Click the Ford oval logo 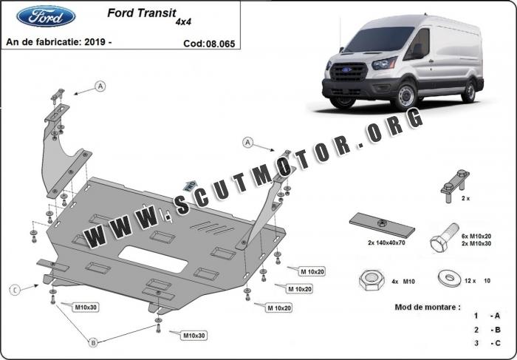[x=45, y=17]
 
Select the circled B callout [x=92, y=342]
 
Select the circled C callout [x=13, y=289]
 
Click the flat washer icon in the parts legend [x=447, y=279]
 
